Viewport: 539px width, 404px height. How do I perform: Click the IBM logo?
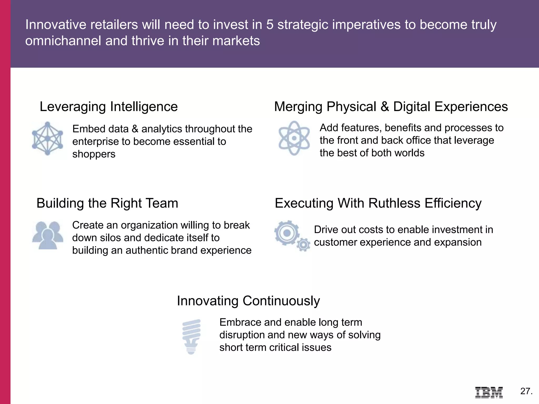pyautogui.click(x=489, y=392)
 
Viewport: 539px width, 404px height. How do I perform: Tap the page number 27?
pyautogui.click(x=526, y=391)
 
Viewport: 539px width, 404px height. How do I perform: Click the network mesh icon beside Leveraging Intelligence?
pyautogui.click(x=47, y=138)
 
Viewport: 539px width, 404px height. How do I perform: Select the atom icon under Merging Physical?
pyautogui.click(x=294, y=138)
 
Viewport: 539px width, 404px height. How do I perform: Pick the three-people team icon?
pyautogui.click(x=48, y=235)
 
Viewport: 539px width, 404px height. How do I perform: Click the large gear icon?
pyautogui.click(x=286, y=233)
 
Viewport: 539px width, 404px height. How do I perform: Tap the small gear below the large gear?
pyautogui.click(x=303, y=245)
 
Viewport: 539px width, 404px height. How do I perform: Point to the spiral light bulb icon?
pyautogui.click(x=191, y=336)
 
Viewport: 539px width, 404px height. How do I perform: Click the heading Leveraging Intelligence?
pyautogui.click(x=109, y=107)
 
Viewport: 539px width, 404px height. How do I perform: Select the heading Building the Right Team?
pyautogui.click(x=107, y=203)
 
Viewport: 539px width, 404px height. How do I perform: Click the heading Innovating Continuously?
pyautogui.click(x=248, y=301)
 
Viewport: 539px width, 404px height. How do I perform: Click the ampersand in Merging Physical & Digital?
pyautogui.click(x=385, y=107)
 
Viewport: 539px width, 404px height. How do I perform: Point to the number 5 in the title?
pyautogui.click(x=270, y=24)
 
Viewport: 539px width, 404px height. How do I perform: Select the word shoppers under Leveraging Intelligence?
pyautogui.click(x=94, y=154)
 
